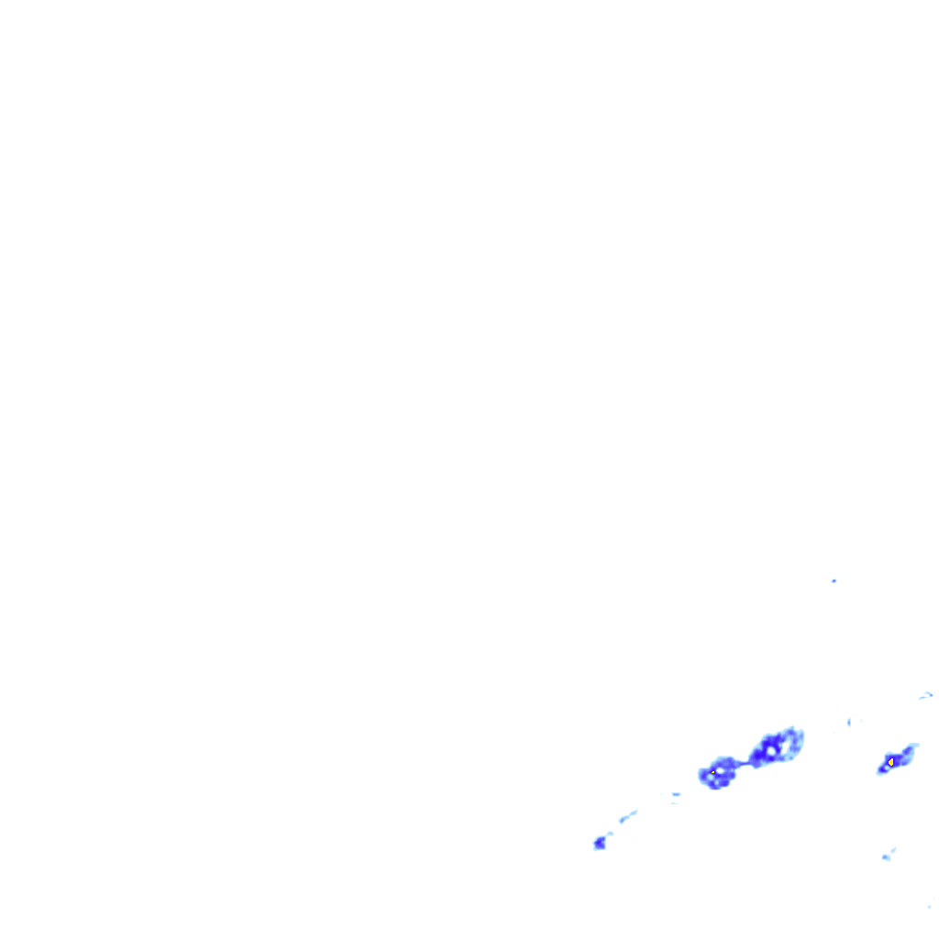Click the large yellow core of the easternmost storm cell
pos(891,761)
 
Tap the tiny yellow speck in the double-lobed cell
pos(713,773)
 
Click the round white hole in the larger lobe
pos(772,751)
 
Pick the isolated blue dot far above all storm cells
pos(834,580)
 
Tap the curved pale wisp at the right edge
pos(927,695)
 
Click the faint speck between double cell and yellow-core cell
pos(849,723)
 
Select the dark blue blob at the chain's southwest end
pos(600,843)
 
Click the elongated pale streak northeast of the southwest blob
pos(628,815)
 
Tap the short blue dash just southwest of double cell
pos(676,794)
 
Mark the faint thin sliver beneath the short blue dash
pos(674,803)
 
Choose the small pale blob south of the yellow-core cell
pos(887,856)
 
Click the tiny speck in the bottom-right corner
pos(929,906)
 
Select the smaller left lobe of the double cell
pos(718,774)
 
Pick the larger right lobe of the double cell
pos(776,746)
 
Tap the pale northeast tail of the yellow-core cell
pos(911,749)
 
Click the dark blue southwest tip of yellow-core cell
pos(882,769)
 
